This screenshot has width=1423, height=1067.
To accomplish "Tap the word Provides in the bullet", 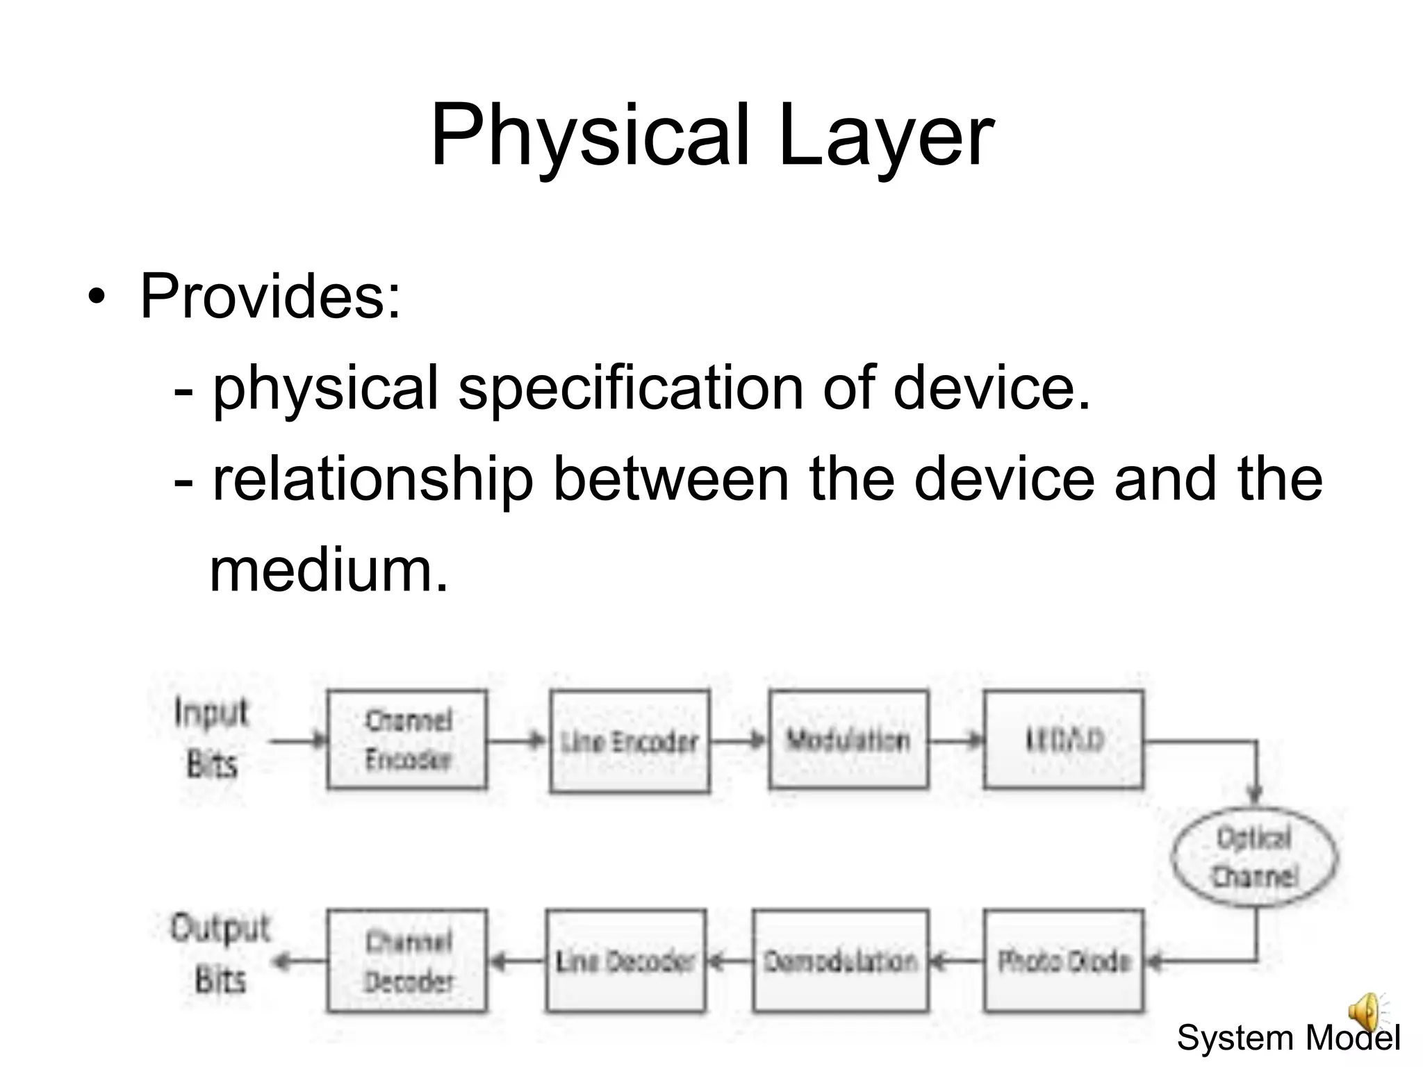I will tap(270, 297).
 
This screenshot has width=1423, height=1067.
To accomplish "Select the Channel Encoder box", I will tap(407, 739).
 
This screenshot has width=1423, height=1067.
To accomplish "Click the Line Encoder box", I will tap(630, 741).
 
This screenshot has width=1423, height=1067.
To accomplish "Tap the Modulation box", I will tap(848, 739).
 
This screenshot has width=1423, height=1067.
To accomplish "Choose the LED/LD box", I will tap(1064, 739).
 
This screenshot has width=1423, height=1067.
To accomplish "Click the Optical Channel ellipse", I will tap(1254, 856).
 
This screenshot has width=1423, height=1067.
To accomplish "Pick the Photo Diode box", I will tap(1064, 961).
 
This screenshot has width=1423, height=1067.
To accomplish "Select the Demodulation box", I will tap(841, 961).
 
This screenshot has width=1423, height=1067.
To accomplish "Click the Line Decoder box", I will tap(626, 961).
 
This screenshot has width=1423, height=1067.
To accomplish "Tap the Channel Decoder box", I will tap(407, 961).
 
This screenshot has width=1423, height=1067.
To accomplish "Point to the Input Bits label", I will tap(211, 739).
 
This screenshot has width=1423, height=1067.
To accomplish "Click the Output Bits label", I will tap(220, 954).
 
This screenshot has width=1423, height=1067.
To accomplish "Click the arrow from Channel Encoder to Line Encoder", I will tap(518, 741).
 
